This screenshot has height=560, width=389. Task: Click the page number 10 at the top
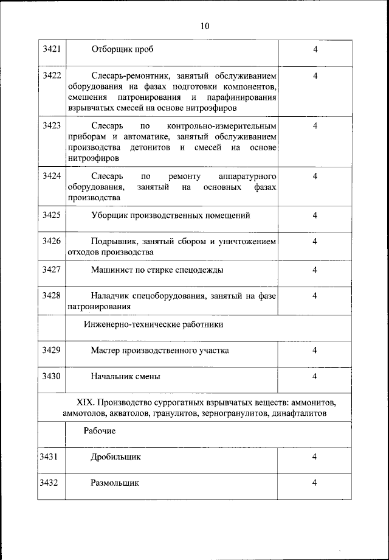click(204, 26)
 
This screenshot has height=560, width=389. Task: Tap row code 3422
click(51, 76)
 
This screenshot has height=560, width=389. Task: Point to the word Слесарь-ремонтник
click(130, 76)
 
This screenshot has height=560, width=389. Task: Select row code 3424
click(51, 176)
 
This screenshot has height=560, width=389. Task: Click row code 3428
click(51, 296)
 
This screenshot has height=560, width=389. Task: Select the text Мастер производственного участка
click(160, 351)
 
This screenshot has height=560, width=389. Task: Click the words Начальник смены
click(126, 376)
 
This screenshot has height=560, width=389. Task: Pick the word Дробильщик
click(116, 457)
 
